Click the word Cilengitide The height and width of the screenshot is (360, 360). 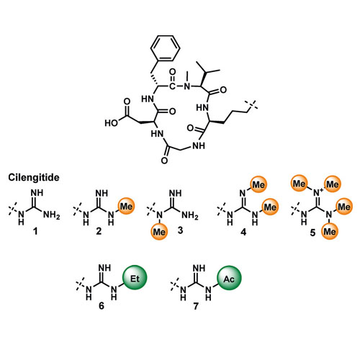tap(34, 178)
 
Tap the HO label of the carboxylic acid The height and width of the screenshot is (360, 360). tap(112, 123)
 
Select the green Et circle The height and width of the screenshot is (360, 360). tap(135, 277)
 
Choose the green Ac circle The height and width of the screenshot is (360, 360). tap(229, 278)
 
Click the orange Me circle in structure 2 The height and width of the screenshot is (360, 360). tap(126, 207)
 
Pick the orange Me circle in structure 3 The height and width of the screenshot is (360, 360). tap(159, 232)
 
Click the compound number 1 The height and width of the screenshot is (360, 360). tap(35, 231)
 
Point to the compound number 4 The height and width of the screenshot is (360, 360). tap(243, 232)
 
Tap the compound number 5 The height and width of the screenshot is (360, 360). tap(312, 233)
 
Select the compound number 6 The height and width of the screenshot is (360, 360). tap(102, 306)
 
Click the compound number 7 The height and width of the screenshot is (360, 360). tap(196, 306)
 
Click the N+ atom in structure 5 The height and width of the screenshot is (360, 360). tap(318, 192)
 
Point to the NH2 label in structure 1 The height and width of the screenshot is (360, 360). tap(51, 215)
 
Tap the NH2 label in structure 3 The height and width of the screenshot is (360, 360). tap(190, 215)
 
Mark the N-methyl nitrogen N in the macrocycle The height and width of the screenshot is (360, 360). tap(187, 86)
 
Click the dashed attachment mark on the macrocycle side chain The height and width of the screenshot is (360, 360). tap(251, 106)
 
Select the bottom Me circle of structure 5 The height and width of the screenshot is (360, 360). tap(330, 232)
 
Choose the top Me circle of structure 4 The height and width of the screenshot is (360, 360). tap(258, 184)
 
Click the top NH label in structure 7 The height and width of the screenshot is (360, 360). tap(199, 268)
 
